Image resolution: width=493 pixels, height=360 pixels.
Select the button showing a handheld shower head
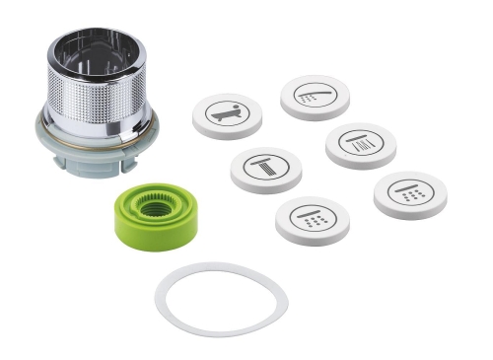(315, 95)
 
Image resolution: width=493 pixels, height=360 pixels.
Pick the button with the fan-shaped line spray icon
(360, 143)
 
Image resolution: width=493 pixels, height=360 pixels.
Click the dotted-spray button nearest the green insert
(312, 217)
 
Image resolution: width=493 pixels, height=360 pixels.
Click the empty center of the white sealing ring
(221, 300)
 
